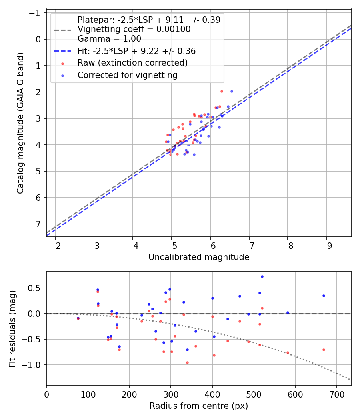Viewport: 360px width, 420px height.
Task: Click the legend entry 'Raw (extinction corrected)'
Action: pyautogui.click(x=132, y=63)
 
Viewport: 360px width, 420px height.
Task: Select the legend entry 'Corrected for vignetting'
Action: pyautogui.click(x=128, y=75)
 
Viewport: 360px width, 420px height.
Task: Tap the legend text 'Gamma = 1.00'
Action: pyautogui.click(x=109, y=39)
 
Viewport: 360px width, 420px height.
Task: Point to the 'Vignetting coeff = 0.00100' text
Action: pyautogui.click(x=134, y=29)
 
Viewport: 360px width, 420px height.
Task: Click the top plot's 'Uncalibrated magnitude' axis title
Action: pyautogui.click(x=199, y=257)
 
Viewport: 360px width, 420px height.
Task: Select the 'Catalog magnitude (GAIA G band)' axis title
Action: pyautogui.click(x=20, y=123)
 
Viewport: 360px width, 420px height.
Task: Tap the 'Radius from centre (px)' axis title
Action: pyautogui.click(x=199, y=406)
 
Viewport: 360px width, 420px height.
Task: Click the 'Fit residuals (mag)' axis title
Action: pyautogui.click(x=12, y=329)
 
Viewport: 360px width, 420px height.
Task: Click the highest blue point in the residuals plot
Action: pyautogui.click(x=262, y=277)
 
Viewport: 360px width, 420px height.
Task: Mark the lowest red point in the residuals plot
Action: pyautogui.click(x=187, y=363)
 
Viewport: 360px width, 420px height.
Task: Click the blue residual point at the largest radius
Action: pyautogui.click(x=324, y=296)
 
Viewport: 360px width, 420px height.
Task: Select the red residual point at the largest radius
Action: pyautogui.click(x=324, y=350)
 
